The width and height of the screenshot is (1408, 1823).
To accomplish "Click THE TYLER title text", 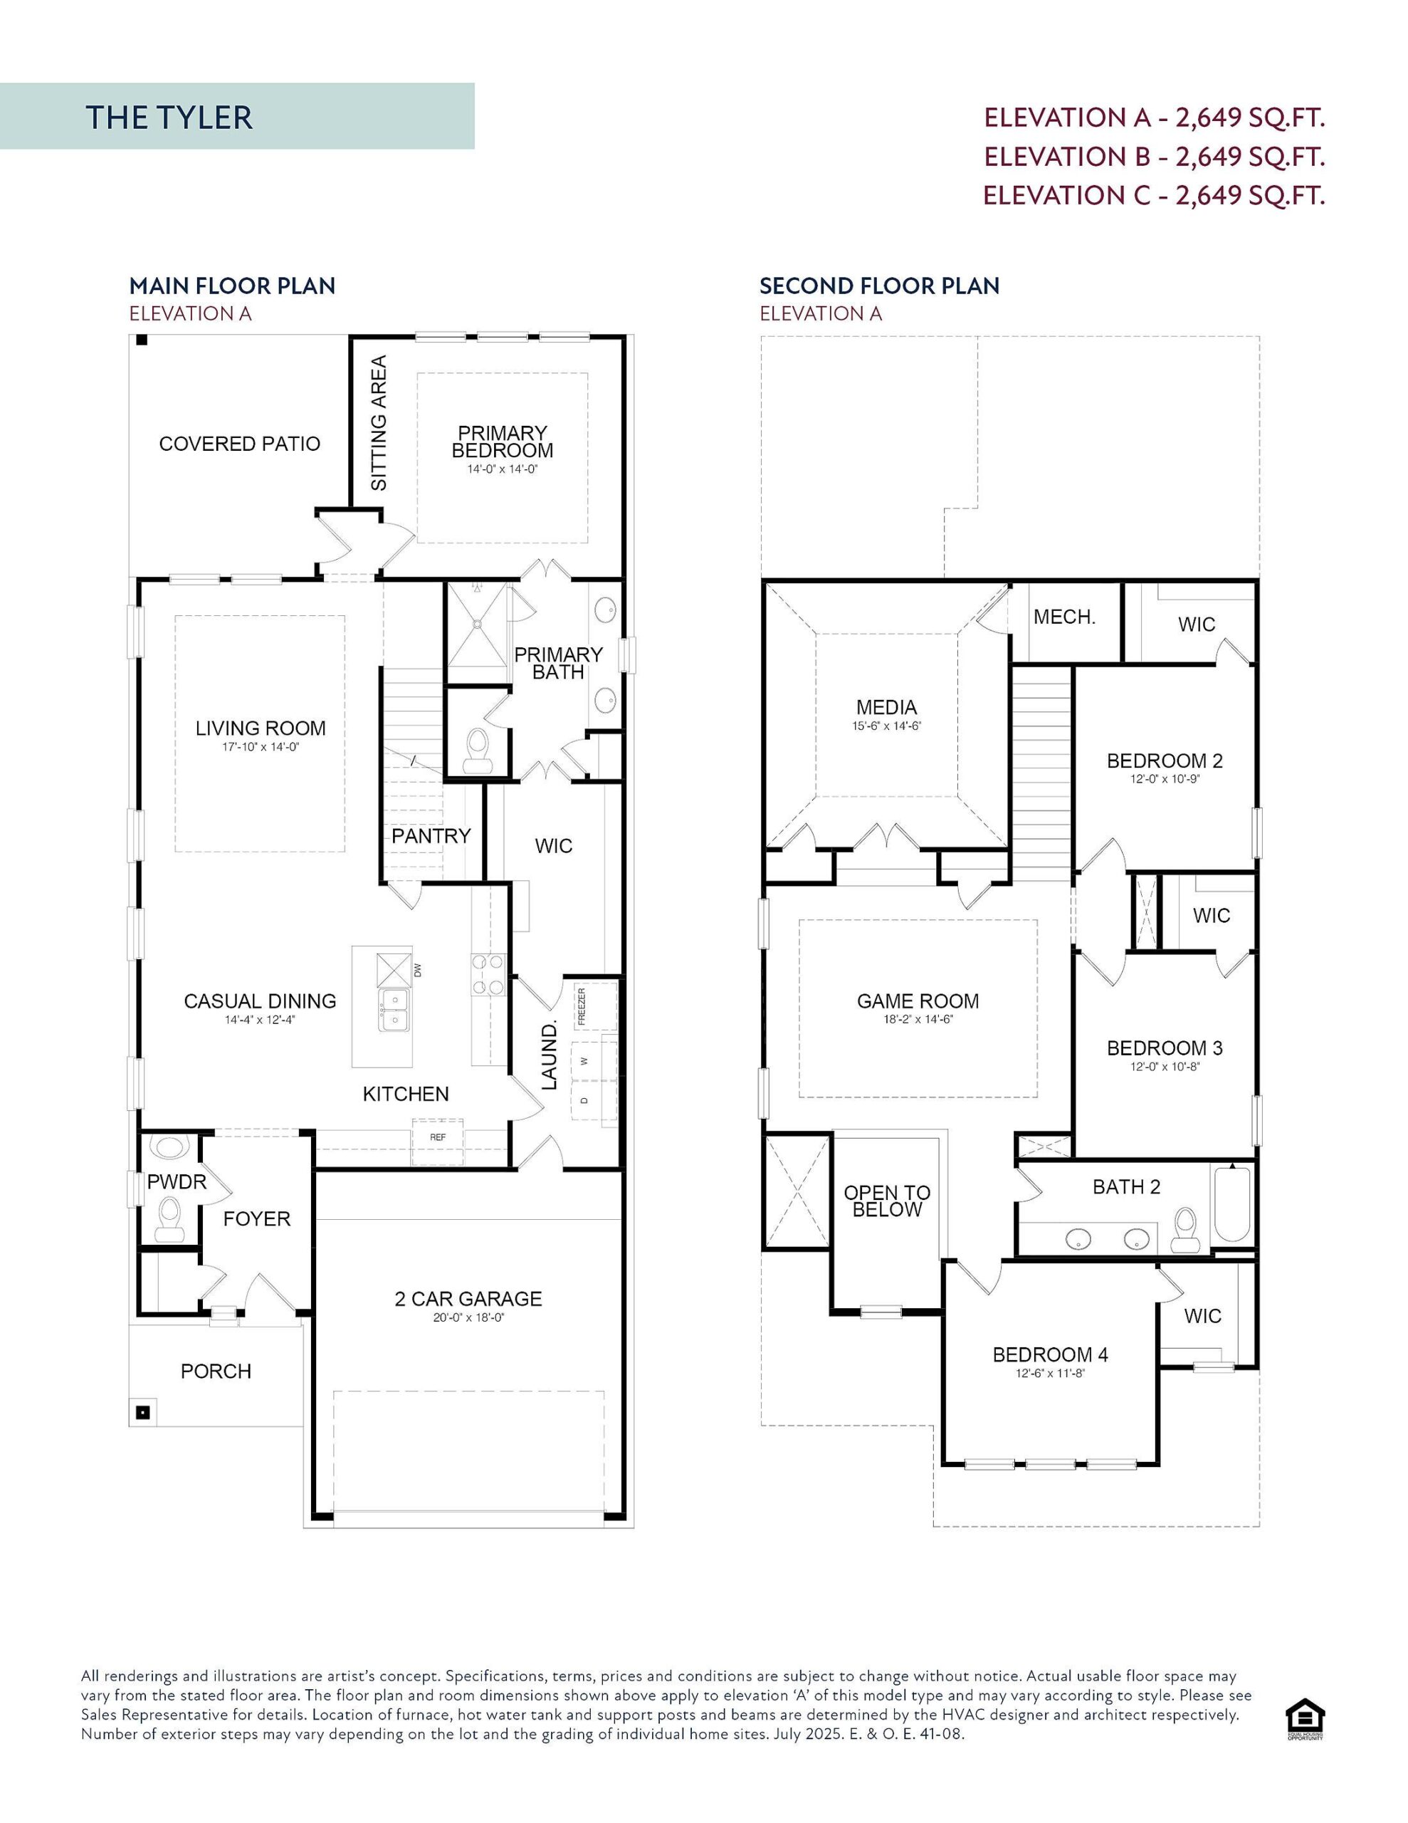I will click(169, 117).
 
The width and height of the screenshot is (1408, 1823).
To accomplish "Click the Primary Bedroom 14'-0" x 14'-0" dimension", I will click(502, 469).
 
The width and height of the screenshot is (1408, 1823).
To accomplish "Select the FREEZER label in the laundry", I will click(582, 1007).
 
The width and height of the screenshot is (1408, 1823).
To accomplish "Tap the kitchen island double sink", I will click(393, 1010).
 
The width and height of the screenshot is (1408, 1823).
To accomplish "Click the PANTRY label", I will click(431, 835).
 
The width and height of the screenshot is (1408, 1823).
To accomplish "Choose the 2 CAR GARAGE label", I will click(468, 1299).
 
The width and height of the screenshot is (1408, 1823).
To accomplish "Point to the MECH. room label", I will click(1064, 617).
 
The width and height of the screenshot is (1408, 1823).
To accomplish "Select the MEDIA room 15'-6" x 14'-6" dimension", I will click(886, 726).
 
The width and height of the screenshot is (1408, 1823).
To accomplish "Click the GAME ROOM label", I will click(918, 1001).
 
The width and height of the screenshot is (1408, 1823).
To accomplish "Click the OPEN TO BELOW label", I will click(886, 1201).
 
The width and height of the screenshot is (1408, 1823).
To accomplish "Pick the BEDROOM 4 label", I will click(1050, 1354).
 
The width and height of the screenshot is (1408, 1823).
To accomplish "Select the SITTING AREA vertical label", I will click(379, 423).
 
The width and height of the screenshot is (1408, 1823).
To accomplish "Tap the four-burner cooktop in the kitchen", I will click(488, 974).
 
